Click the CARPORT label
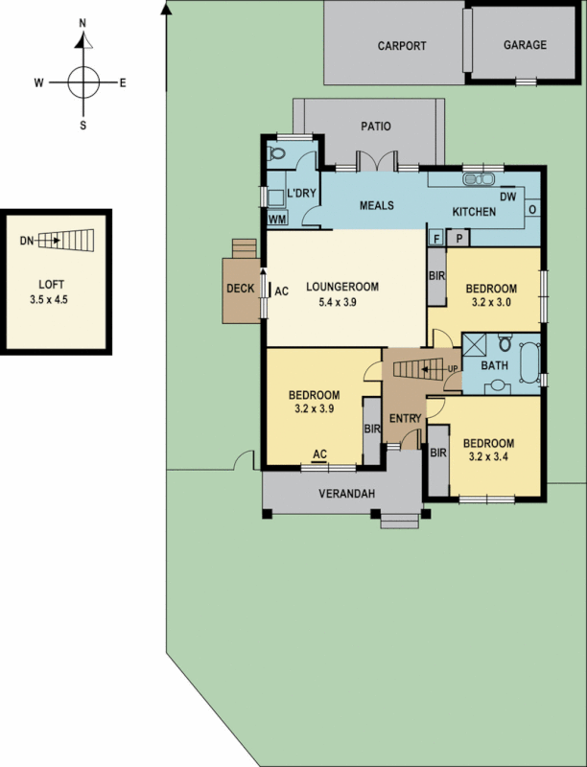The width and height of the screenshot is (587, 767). [401, 45]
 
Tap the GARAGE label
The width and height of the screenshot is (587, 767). [525, 45]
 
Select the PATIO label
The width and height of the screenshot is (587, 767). [375, 126]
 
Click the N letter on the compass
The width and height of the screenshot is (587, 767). [82, 22]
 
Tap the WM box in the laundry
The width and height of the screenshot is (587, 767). [277, 219]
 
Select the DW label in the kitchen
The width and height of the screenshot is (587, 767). [508, 196]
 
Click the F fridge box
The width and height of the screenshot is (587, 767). [436, 236]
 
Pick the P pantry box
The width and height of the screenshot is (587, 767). [458, 236]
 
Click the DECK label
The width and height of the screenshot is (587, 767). [239, 289]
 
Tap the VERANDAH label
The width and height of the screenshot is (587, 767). [340, 494]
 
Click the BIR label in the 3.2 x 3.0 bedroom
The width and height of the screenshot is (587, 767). [436, 276]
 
